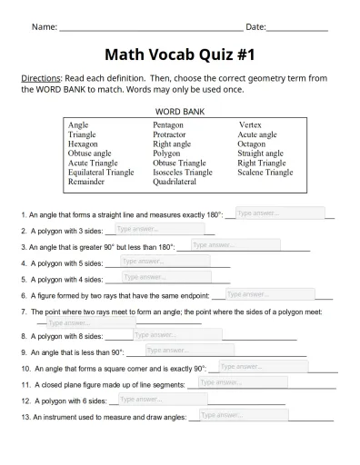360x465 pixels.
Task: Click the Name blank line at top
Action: click(x=145, y=30)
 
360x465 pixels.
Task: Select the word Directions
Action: click(x=41, y=79)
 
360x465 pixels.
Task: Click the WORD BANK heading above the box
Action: click(x=179, y=111)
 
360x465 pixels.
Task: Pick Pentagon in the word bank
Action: click(x=168, y=124)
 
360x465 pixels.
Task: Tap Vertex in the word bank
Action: click(x=250, y=124)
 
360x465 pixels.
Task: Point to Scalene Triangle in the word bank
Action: click(x=265, y=173)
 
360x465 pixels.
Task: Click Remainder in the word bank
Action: click(x=86, y=182)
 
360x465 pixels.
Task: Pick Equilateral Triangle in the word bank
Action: click(x=101, y=173)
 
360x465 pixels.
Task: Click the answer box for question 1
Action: click(x=279, y=213)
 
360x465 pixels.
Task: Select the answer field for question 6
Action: click(x=269, y=294)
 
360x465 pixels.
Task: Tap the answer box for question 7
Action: click(x=89, y=322)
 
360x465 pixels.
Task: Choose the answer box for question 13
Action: click(x=243, y=415)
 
